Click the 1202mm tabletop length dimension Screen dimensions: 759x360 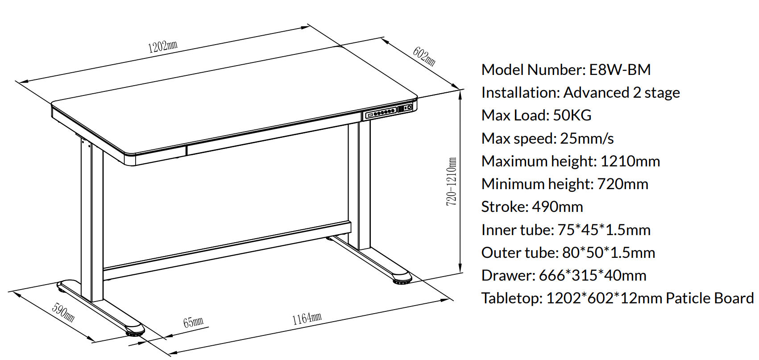162,47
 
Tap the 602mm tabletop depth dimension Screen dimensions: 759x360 424,56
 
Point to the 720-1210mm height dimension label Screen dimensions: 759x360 451,182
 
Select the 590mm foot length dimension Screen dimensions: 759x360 63,313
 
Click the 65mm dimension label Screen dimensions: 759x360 193,322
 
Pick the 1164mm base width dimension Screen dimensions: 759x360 307,318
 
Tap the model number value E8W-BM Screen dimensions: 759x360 620,70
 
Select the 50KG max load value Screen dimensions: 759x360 572,116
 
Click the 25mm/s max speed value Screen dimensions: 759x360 587,139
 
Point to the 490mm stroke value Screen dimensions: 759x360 558,207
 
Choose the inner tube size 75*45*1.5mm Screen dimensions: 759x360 604,230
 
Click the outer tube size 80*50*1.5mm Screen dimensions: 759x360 609,252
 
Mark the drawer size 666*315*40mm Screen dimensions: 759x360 593,275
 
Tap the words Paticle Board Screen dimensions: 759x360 710,298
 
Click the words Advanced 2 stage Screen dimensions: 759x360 622,93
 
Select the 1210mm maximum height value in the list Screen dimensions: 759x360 630,161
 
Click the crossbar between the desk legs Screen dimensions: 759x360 227,251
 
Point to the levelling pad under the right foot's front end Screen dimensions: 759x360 402,281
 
